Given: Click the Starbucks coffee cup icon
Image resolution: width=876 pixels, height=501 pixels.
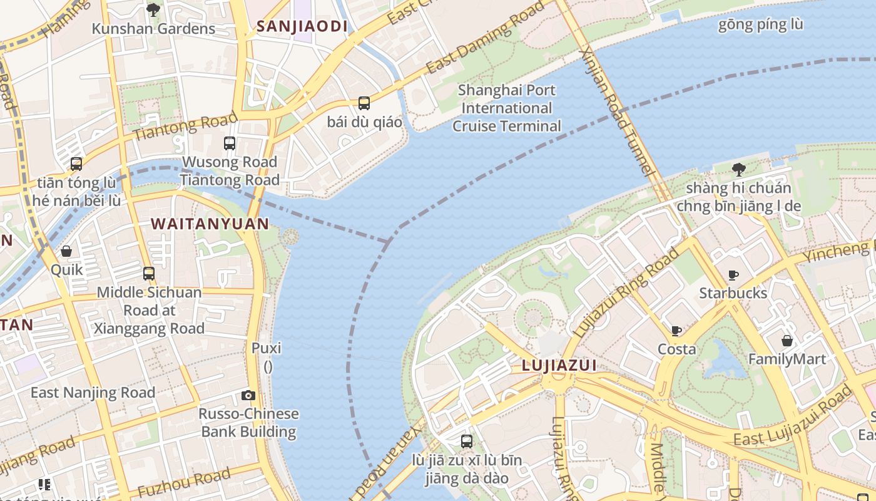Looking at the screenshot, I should click(733, 275).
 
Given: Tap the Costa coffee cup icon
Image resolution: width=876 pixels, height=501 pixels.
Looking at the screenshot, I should click(676, 331).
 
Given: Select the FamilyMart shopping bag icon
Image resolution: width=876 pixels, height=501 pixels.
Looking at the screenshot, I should click(787, 341).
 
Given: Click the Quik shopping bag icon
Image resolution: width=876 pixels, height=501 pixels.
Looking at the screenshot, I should click(66, 251).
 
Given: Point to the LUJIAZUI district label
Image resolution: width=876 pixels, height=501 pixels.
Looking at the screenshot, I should click(559, 366).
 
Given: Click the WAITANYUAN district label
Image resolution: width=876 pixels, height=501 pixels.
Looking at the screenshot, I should click(210, 224).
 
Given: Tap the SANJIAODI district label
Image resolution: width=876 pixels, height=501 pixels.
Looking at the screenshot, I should click(302, 26).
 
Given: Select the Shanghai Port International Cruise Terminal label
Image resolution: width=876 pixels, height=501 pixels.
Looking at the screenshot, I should click(507, 108).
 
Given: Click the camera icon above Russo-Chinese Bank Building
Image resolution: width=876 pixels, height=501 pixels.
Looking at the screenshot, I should click(248, 395).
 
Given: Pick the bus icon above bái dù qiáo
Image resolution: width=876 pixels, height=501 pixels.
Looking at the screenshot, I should click(364, 103).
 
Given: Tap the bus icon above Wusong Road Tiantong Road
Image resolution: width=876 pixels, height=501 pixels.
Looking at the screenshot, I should click(230, 143).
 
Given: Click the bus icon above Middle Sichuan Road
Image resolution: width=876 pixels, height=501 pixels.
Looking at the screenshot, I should click(149, 274).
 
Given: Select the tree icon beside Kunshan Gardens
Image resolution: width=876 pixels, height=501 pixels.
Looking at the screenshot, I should click(153, 10).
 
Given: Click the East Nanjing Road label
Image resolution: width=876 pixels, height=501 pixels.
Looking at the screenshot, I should click(93, 393).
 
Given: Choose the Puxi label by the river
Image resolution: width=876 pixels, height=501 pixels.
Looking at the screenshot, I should click(267, 348).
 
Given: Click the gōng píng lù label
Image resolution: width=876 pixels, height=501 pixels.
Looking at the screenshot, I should click(760, 25).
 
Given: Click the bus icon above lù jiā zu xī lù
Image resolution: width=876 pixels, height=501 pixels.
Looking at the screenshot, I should click(467, 442).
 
